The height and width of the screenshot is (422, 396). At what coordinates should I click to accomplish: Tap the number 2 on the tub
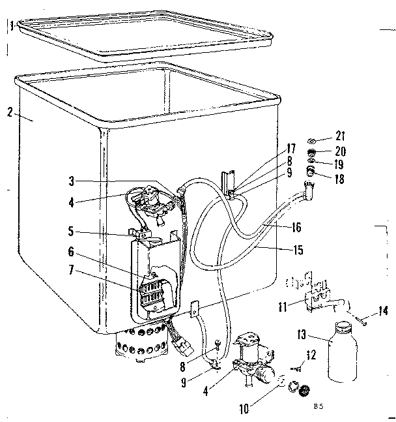(10, 112)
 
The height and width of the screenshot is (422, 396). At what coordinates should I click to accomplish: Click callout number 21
(341, 136)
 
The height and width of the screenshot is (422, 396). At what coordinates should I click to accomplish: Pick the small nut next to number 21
(313, 140)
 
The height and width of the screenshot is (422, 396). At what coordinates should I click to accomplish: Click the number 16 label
(296, 228)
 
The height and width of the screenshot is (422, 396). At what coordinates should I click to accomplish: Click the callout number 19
(340, 164)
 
